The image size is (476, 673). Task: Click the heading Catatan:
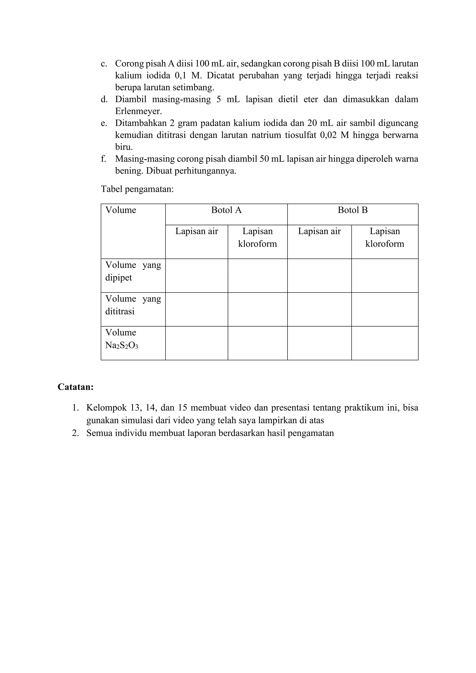76,387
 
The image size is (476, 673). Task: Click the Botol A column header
226,210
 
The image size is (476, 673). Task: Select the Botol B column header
352,210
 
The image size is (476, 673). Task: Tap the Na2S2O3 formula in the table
122,345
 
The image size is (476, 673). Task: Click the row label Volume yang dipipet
133,271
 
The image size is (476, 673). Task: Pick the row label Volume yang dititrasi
133,305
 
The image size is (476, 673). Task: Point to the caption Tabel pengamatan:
137,189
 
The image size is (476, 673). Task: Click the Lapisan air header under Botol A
197,231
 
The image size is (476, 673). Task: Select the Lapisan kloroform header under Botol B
385,238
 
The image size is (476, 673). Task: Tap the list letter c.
103,64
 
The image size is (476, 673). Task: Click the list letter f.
103,159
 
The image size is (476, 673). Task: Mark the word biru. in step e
124,147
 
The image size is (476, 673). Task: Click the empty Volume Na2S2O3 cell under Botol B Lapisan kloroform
385,343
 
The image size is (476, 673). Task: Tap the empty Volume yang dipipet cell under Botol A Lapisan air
197,276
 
